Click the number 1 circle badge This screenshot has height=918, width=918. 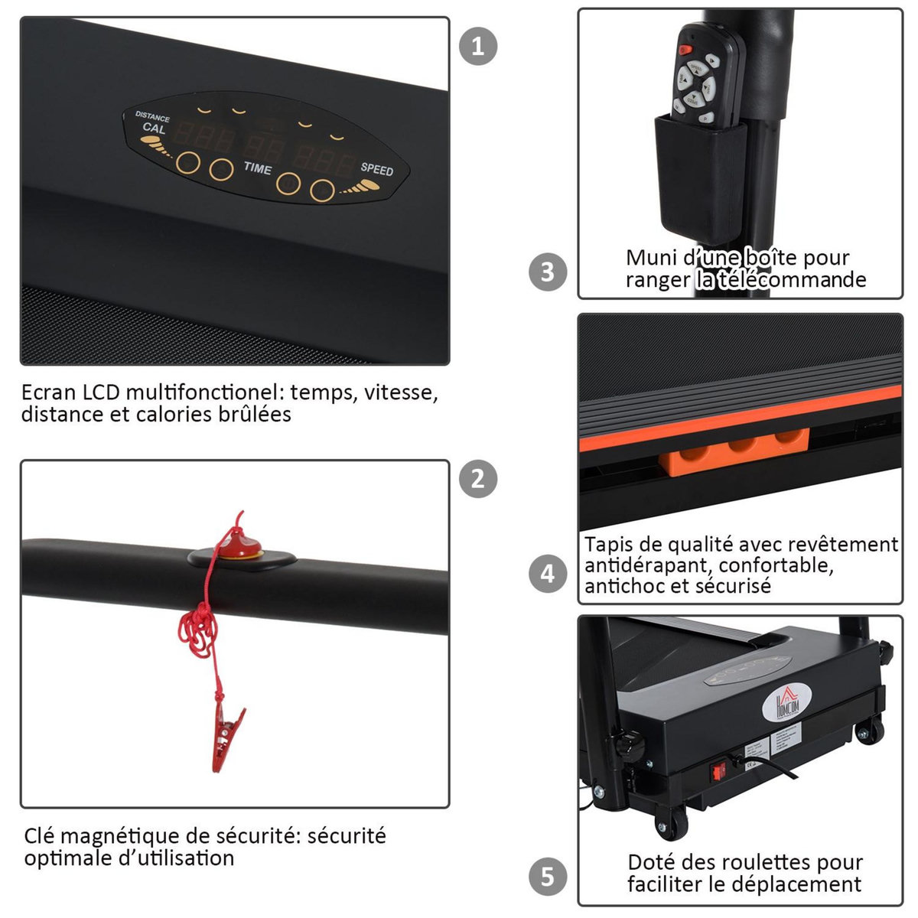point(478,46)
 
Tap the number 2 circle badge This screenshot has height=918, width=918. point(478,479)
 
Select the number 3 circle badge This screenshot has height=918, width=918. point(548,272)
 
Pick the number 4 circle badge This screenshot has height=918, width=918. point(548,573)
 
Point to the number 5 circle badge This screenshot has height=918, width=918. point(548,876)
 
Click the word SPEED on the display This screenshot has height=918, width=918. point(376,168)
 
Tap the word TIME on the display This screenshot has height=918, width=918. point(257,168)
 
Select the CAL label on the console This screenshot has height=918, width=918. point(153,129)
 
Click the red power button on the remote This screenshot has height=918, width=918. point(685,49)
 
